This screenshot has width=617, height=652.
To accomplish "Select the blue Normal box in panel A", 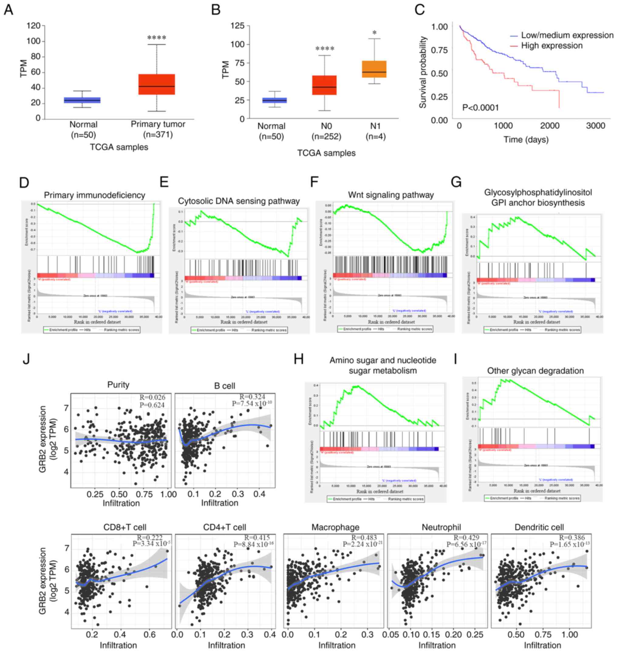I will click(82, 100).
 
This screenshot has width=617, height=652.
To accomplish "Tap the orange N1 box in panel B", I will click(374, 69).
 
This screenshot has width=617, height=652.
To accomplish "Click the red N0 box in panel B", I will click(324, 85).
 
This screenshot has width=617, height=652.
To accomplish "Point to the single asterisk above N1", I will click(374, 33).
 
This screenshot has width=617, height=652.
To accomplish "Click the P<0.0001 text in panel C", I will click(480, 107).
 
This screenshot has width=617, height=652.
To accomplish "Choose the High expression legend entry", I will click(551, 46).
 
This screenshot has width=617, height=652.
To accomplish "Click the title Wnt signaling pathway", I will click(391, 195).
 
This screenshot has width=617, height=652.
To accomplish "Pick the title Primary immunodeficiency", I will click(94, 195).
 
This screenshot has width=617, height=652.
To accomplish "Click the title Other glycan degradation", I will click(535, 371).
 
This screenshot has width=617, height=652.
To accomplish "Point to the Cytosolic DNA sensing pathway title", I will click(239, 201).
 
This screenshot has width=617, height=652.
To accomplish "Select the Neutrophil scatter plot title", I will click(441, 527).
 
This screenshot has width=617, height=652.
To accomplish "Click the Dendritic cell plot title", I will click(539, 527).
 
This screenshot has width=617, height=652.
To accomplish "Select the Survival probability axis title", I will click(423, 72).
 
